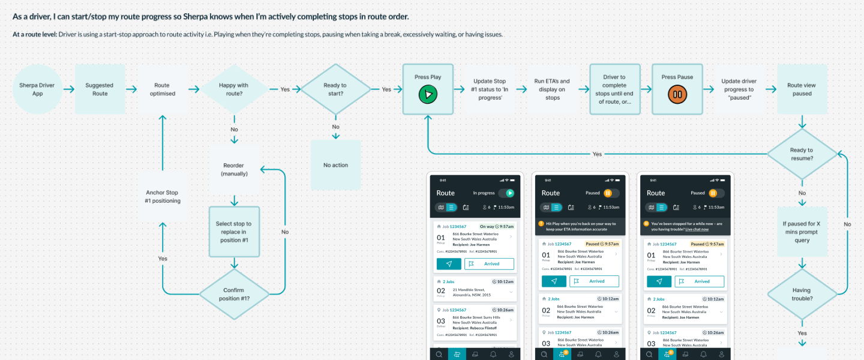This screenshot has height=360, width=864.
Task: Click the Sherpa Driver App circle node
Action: coord(37,89)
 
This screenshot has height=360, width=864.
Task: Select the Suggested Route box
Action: coord(100,89)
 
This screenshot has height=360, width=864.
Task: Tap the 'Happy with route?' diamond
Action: coord(234,89)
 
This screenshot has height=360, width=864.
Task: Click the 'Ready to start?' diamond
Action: coord(335,89)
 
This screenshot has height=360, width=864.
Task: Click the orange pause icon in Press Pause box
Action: coord(677,95)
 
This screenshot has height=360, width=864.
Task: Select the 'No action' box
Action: coord(335,165)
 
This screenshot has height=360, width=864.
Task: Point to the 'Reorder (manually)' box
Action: coord(234,169)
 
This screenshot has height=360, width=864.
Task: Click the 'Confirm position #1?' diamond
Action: coord(234,294)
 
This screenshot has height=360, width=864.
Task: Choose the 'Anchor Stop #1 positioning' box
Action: coord(163,197)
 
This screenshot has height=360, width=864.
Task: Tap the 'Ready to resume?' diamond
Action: coord(802,154)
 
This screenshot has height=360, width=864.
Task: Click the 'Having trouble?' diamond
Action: coord(802,294)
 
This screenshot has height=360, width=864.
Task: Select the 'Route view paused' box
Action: coord(802,89)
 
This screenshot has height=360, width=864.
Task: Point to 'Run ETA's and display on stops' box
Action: coord(552,89)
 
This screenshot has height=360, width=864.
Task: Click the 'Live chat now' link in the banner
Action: coord(697,229)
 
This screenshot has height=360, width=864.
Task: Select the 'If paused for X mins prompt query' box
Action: coord(802,232)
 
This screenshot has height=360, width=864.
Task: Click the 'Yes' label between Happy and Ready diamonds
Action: coord(285,89)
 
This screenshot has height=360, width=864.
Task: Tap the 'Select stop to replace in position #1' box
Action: coord(234,232)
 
